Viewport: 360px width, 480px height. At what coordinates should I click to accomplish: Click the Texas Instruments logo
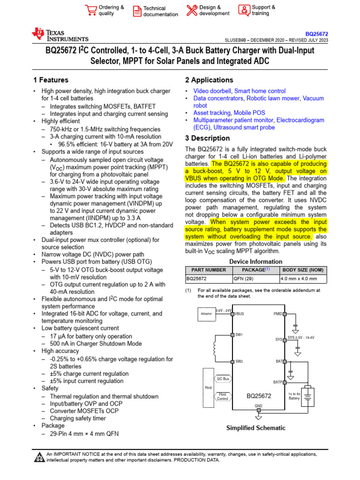click(60, 35)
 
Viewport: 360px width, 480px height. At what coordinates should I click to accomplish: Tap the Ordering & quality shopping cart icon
click(90, 10)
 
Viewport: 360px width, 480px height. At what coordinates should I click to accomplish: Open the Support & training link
click(263, 10)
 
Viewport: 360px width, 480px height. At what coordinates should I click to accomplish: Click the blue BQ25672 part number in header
click(316, 34)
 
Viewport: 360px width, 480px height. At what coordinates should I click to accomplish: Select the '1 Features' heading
click(51, 80)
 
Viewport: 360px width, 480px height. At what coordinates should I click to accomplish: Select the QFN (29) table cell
click(243, 278)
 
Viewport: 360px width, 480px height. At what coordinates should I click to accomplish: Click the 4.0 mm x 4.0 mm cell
click(299, 278)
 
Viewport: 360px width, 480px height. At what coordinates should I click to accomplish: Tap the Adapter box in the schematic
click(206, 314)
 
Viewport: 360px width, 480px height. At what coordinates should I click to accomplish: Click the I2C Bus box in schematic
click(223, 379)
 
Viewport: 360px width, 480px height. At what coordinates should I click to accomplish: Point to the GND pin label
click(258, 406)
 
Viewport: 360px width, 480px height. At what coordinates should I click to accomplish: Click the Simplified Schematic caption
click(255, 428)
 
